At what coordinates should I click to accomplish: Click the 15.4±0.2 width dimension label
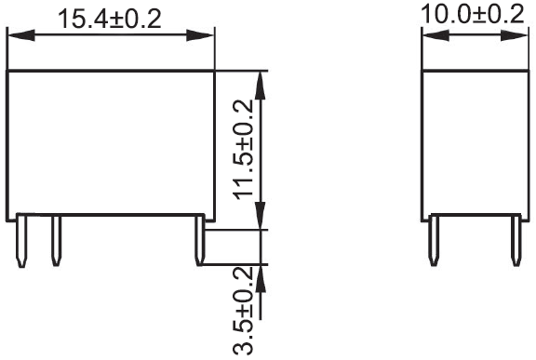click(x=111, y=20)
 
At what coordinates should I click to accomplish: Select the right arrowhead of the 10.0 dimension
click(x=515, y=37)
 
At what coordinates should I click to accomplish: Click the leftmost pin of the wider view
click(x=23, y=240)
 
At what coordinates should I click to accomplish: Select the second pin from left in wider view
click(x=55, y=240)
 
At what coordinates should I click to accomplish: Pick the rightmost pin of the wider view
click(x=200, y=240)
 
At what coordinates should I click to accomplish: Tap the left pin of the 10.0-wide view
click(x=433, y=240)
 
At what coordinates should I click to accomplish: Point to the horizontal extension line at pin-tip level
click(x=237, y=265)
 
